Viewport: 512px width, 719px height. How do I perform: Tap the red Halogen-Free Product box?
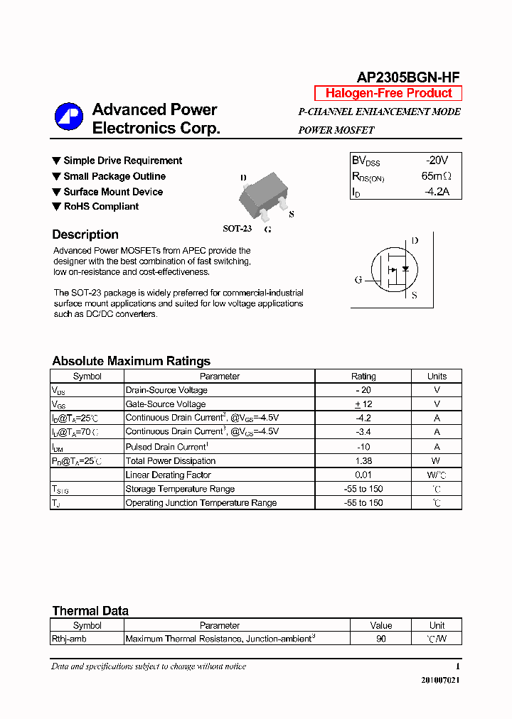[x=388, y=93]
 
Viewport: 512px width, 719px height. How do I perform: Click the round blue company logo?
[x=70, y=117]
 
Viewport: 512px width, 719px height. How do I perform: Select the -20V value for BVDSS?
[x=437, y=161]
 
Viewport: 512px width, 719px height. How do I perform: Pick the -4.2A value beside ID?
[x=437, y=192]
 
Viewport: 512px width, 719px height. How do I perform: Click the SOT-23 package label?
[x=238, y=229]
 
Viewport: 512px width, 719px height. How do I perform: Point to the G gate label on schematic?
[x=358, y=280]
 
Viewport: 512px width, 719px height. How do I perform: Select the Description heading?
[x=85, y=234]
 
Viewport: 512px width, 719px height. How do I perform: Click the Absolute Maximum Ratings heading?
[x=131, y=361]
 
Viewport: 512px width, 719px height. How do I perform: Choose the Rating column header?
[x=363, y=377]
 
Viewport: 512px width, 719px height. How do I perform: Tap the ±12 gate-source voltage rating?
[x=363, y=404]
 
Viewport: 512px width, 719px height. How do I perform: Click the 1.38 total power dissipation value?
[x=363, y=461]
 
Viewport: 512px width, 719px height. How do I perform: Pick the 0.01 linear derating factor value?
[x=363, y=475]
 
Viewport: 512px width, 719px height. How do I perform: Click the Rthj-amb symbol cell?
[x=69, y=639]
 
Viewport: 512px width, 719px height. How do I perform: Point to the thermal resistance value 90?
[x=381, y=639]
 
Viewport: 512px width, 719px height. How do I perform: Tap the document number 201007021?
[x=441, y=680]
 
